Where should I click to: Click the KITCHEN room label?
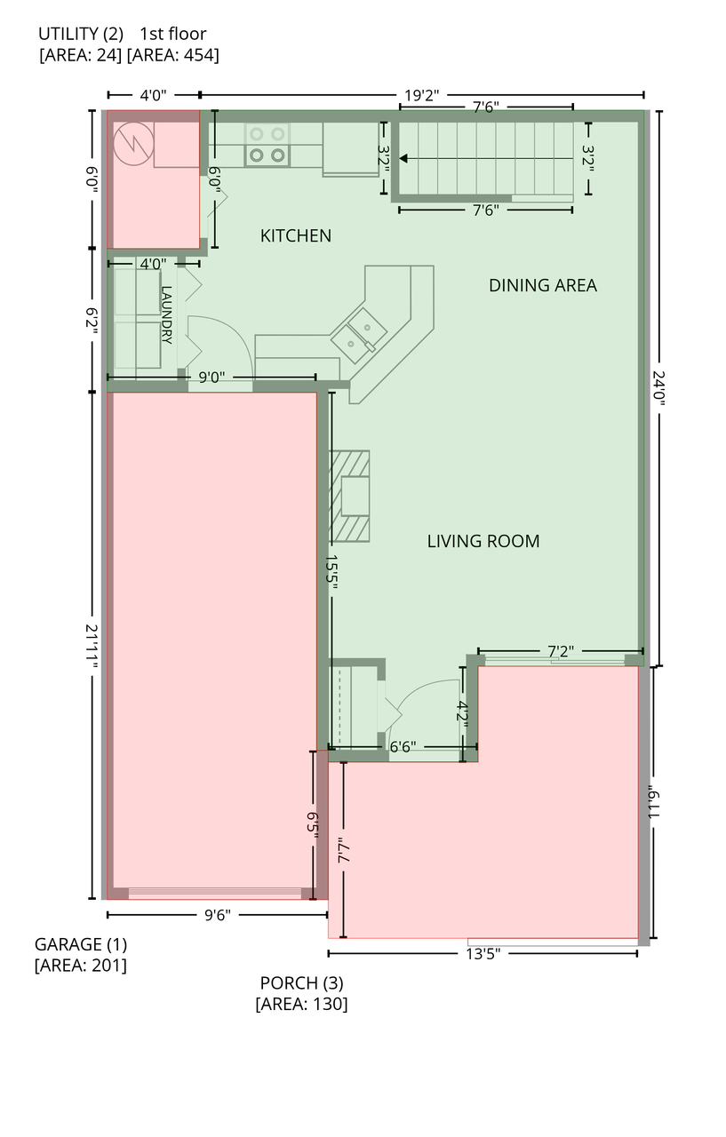click(296, 235)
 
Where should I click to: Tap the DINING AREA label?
click(543, 285)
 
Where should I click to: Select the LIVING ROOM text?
click(483, 541)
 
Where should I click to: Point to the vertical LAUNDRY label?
click(166, 315)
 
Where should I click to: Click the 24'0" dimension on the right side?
click(658, 388)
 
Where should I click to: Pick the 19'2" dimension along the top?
click(421, 95)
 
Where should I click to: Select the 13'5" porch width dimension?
click(483, 954)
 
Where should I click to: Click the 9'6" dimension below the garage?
click(218, 915)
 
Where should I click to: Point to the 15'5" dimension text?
click(331, 572)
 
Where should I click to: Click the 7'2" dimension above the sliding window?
click(561, 651)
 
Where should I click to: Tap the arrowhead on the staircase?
click(403, 159)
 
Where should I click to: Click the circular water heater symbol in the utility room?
click(133, 144)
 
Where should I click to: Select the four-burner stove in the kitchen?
click(267, 145)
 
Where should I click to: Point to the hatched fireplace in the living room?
click(349, 496)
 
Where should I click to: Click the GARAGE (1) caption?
click(81, 944)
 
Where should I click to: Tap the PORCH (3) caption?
click(301, 983)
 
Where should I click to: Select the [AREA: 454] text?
click(172, 55)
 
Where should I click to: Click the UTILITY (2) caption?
click(81, 34)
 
